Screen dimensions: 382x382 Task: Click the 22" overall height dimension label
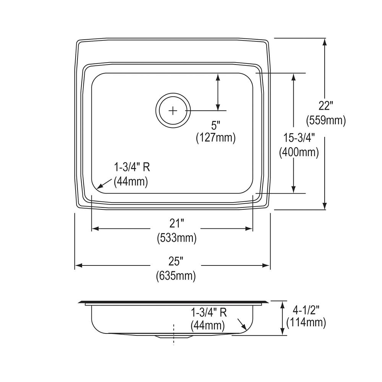click(326, 105)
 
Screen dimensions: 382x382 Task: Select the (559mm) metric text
click(326, 120)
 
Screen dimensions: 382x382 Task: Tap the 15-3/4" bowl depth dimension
click(299, 137)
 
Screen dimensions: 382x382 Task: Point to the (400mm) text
click(299, 152)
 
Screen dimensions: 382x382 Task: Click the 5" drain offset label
click(216, 125)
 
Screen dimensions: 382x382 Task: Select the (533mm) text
click(176, 238)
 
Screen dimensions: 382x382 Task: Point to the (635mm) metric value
click(176, 275)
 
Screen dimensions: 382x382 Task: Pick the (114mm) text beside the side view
click(306, 322)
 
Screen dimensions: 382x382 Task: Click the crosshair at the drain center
click(173, 110)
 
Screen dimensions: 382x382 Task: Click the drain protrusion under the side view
click(173, 337)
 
